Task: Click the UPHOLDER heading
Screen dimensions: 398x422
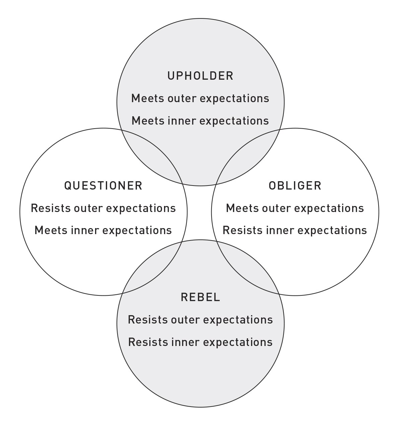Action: point(200,76)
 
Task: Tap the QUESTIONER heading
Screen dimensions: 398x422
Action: point(103,186)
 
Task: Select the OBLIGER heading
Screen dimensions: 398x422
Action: point(295,186)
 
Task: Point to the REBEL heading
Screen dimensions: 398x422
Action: point(200,297)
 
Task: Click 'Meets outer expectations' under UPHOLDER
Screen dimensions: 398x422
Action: point(200,98)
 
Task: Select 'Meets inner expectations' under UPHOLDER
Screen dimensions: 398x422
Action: point(200,121)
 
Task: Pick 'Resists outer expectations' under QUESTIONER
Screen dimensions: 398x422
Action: point(103,208)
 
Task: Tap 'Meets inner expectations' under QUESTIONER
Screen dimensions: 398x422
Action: point(103,230)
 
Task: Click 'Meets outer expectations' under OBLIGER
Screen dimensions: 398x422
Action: point(295,208)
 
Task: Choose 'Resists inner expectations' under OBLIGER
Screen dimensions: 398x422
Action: point(295,230)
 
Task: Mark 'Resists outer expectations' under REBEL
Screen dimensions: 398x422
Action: point(200,320)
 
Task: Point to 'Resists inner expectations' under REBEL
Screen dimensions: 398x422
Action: point(200,342)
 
